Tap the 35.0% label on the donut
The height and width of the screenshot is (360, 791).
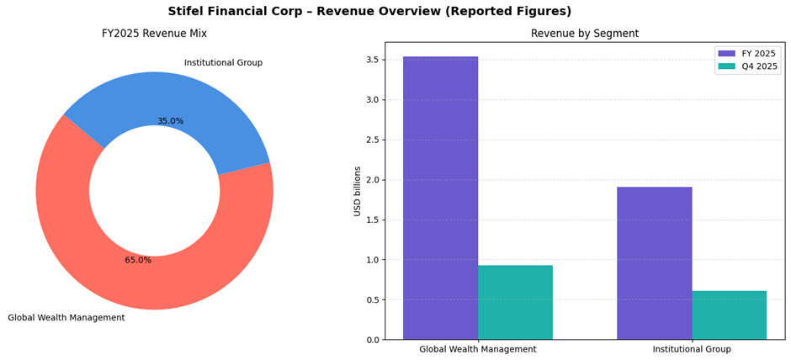coord(170,121)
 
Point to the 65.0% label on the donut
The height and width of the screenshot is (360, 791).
coord(138,260)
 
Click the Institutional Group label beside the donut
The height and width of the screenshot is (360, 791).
coord(223,63)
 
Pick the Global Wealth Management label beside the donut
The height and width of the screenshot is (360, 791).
coord(66,318)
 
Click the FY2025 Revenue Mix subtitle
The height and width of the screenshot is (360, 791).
coord(154,34)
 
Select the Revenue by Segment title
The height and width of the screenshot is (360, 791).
coord(584,34)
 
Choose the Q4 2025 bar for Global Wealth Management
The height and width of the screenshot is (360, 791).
coord(515,302)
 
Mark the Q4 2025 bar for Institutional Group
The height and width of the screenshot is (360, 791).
coord(729,315)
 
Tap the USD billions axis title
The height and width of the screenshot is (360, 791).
coord(358,191)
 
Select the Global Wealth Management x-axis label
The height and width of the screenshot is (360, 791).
coord(477,349)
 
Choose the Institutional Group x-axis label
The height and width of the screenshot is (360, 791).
coord(692,349)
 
